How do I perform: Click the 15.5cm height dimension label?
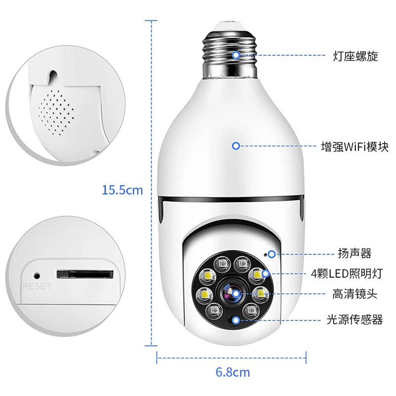pos(122,190)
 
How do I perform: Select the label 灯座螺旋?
pos(355,56)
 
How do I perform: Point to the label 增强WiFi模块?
pos(354,147)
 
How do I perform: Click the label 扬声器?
pos(354,254)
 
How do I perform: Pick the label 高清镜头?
pos(354,294)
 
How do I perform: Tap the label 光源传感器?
pos(354,320)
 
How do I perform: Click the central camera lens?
pos(232,293)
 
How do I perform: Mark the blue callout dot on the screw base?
pos(236,55)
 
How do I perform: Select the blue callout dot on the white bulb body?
pos(236,146)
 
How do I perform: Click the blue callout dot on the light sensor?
pos(236,320)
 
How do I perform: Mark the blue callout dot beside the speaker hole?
pos(272,254)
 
